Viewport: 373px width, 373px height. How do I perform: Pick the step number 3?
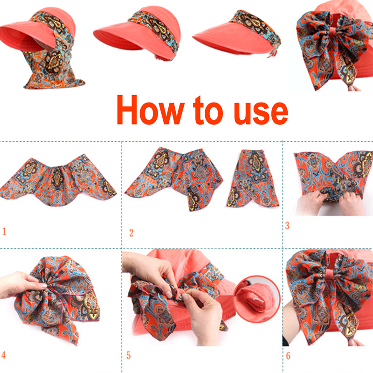tap(287, 226)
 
